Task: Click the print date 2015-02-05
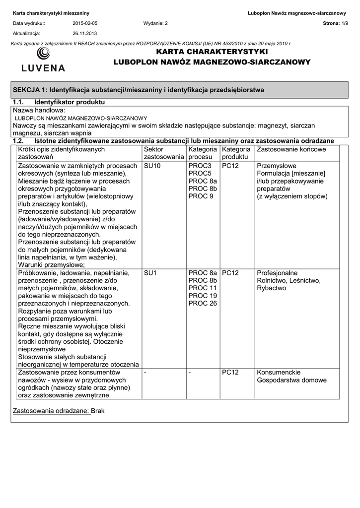pos(85,23)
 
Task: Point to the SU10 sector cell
pos(152,166)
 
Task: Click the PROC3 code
pos(200,166)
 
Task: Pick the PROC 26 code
pos(203,303)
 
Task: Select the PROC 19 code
pos(203,296)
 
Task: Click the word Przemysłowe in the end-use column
pos(277,166)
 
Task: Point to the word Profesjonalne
pos(277,273)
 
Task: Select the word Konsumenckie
pos(278,373)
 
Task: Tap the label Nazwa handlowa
pos(39,110)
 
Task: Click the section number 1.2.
pos(18,141)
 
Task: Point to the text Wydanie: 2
pos(155,23)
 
